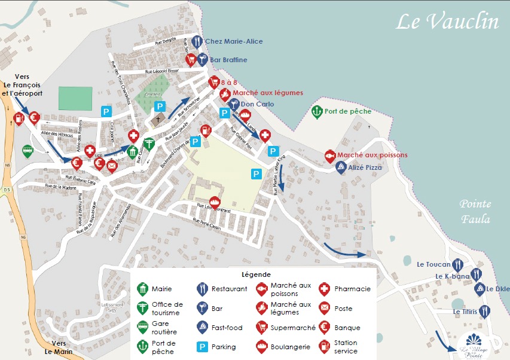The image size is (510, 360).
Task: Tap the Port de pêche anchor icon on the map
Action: [x=316, y=111]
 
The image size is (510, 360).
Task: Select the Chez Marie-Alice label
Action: [x=234, y=41]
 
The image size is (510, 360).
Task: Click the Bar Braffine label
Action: [x=228, y=60]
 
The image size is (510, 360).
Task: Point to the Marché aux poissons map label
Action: [x=372, y=155]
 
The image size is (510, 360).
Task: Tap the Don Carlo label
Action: [x=257, y=104]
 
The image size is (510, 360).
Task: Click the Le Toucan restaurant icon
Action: [x=459, y=264]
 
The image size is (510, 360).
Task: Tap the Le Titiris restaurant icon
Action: [x=485, y=311]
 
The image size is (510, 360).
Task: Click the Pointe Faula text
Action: [x=475, y=212]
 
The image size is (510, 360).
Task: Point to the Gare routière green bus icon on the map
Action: [x=28, y=151]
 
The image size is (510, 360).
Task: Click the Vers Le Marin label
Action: [x=59, y=347]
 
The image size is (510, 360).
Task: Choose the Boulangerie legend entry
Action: [x=290, y=346]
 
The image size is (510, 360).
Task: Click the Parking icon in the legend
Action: [x=202, y=346]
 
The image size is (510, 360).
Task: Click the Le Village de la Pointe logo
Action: [x=474, y=346]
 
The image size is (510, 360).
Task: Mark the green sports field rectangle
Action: [x=75, y=97]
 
